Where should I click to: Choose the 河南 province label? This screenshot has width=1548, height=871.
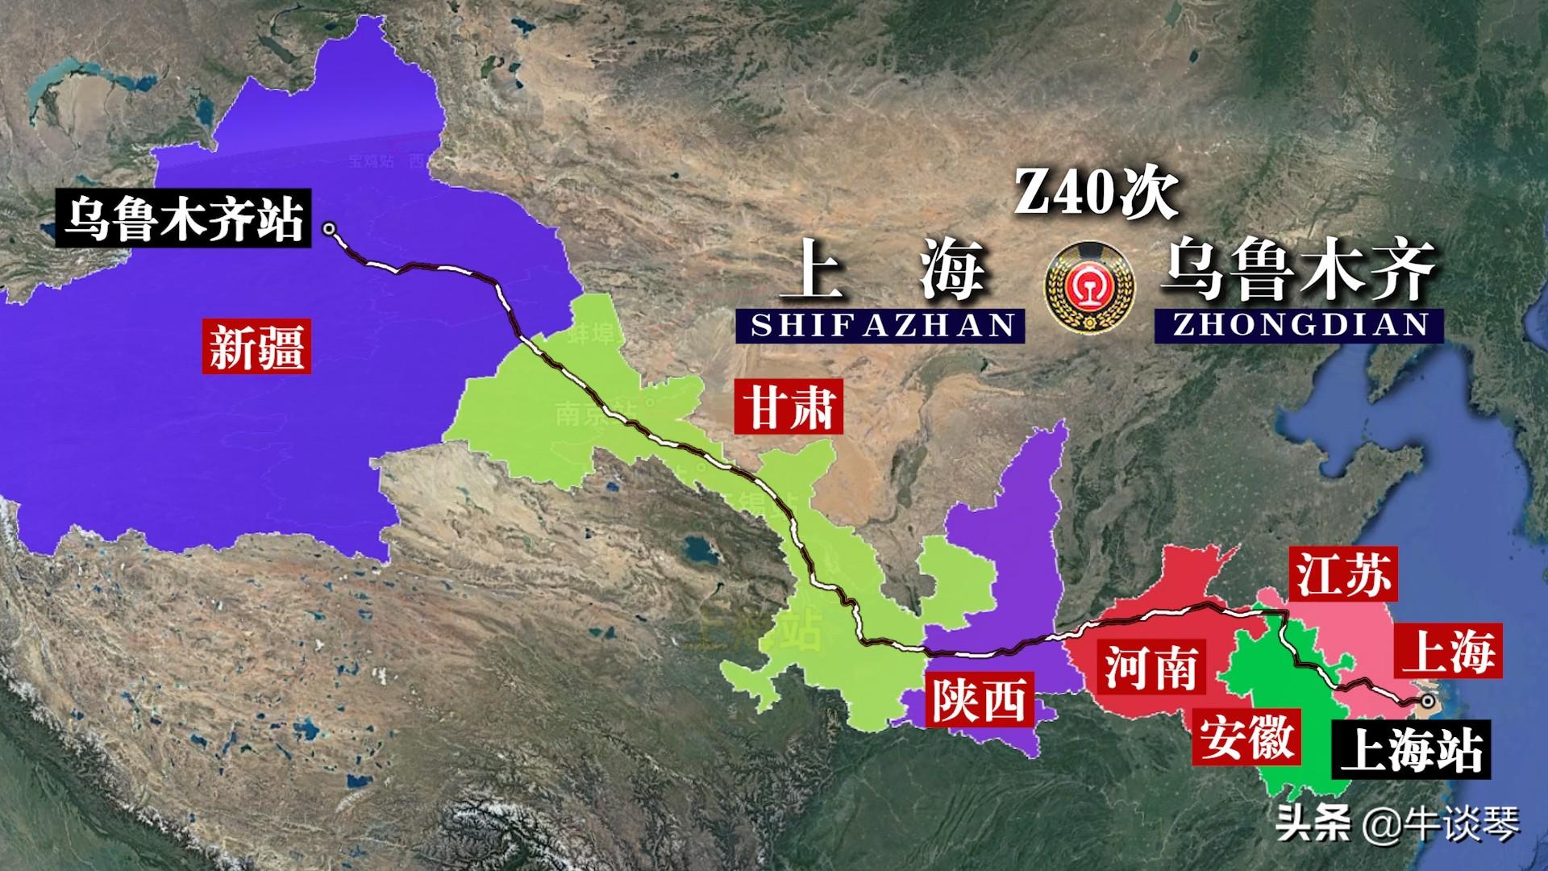coord(1150,668)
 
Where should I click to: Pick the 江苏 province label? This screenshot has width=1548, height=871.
coord(1342,575)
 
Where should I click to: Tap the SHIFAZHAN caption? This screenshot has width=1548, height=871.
coord(881,325)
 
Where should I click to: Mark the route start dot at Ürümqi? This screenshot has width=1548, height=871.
coord(329,229)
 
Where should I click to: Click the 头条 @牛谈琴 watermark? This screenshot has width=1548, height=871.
coord(1397,824)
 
